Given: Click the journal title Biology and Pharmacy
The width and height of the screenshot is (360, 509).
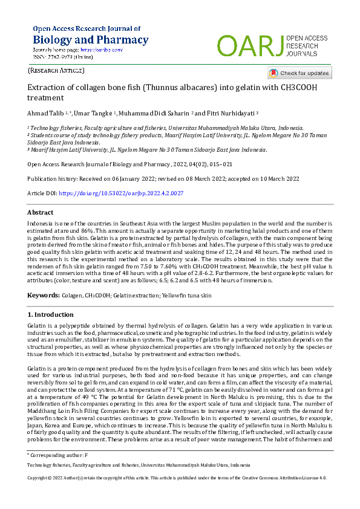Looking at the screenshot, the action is [x=90, y=40].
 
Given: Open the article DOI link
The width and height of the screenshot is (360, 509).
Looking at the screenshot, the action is [x=120, y=193].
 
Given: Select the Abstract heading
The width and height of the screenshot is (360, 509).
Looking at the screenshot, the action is [x=41, y=213].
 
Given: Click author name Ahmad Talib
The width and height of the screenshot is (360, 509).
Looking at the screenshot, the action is [x=45, y=113].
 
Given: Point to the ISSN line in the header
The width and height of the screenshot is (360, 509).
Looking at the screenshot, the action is [x=63, y=57].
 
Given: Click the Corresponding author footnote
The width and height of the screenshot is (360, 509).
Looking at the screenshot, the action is [x=58, y=453].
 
